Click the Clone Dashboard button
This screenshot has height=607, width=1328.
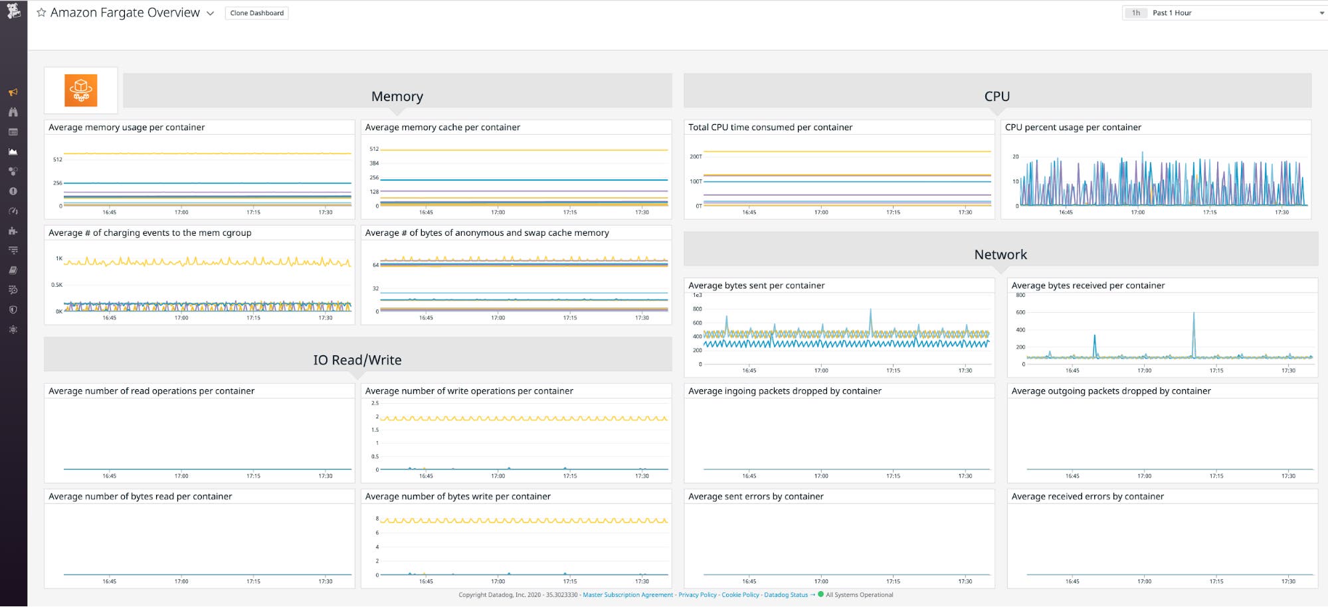tap(256, 13)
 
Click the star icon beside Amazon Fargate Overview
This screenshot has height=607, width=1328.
tap(41, 13)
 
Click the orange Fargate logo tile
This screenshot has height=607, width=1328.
tap(81, 90)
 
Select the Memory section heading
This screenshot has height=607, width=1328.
tap(397, 96)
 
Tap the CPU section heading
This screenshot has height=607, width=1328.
tap(996, 96)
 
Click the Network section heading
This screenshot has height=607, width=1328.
tap(1000, 255)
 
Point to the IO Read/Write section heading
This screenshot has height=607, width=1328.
tap(357, 360)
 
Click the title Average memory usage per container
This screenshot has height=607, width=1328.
tap(126, 128)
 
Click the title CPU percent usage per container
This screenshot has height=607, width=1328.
tap(1072, 128)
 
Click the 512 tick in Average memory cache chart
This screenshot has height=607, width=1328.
tap(374, 149)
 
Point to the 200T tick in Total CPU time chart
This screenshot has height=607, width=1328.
tap(696, 157)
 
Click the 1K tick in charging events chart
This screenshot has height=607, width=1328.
tap(59, 258)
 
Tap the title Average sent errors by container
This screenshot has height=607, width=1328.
tap(755, 497)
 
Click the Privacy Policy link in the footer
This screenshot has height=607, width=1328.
tap(697, 595)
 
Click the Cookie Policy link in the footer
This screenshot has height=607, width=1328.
tap(740, 595)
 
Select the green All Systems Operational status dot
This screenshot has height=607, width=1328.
tap(820, 594)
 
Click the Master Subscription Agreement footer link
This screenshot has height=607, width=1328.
tap(628, 595)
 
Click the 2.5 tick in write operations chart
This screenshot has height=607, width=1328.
tap(375, 403)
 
